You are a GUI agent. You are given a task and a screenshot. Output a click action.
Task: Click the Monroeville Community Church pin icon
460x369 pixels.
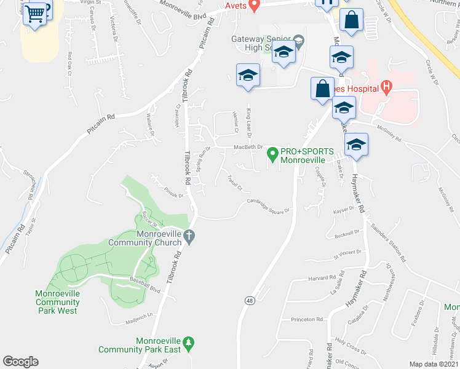(x=189, y=236)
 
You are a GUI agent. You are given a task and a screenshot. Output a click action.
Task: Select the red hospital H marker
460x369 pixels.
(x=386, y=87)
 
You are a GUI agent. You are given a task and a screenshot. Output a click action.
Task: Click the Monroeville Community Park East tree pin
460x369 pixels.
(x=189, y=342)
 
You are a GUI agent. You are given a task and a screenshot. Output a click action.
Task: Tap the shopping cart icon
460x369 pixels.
(x=36, y=12)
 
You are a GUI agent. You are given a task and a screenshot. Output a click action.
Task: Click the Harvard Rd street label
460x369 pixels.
(x=323, y=278)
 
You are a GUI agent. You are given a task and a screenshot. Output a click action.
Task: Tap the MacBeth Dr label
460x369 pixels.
(x=248, y=148)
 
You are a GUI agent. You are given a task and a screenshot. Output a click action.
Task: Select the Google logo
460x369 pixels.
(x=20, y=362)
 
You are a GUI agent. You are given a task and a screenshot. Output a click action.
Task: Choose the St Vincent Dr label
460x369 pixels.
(x=347, y=253)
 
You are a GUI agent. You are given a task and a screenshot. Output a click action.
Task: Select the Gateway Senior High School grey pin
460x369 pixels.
(x=299, y=41)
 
